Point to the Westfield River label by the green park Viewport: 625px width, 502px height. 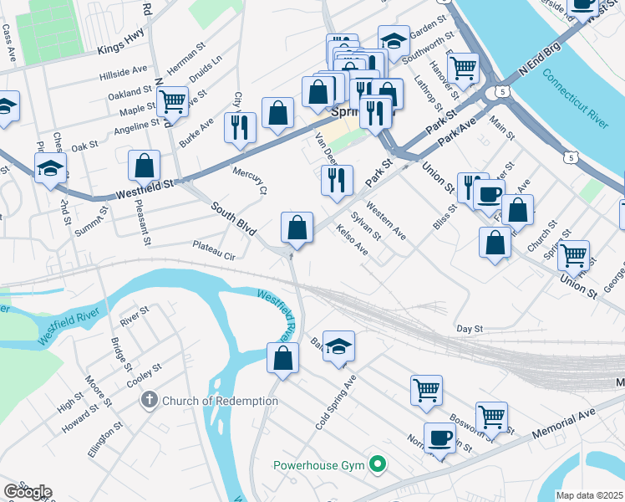(x=69, y=326)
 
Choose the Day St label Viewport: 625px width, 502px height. (x=470, y=329)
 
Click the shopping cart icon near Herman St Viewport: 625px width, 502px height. (x=172, y=101)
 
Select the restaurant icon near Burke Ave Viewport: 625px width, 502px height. (x=240, y=127)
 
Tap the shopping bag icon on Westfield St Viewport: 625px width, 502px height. (x=145, y=165)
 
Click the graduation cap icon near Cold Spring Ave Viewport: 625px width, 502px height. (x=338, y=346)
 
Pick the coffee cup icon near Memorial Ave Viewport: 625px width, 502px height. (x=440, y=438)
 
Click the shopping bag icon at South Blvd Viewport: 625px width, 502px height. (x=297, y=226)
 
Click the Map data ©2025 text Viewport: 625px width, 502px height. (x=590, y=495)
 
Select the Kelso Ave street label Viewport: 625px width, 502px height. (x=352, y=238)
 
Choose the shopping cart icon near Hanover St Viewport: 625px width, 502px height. (x=462, y=67)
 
